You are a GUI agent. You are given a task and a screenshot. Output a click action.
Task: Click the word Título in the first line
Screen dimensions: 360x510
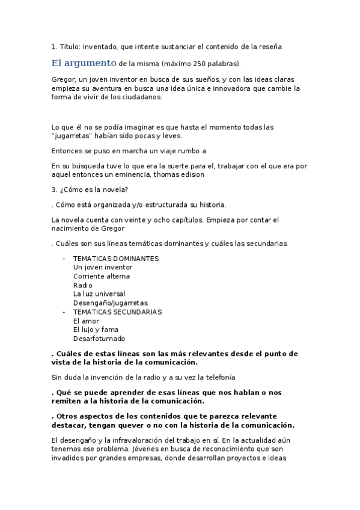(x=69, y=46)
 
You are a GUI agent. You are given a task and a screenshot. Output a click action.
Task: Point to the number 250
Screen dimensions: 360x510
(x=196, y=63)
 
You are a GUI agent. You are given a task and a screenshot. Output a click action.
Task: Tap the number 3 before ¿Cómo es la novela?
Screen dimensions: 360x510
(x=54, y=190)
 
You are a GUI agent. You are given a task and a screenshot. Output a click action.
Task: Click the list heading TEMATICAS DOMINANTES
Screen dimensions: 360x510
(x=116, y=259)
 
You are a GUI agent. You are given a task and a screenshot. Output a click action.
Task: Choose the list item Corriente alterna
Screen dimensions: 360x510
(x=102, y=276)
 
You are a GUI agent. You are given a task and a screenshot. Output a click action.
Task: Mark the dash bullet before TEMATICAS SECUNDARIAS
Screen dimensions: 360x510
(x=64, y=312)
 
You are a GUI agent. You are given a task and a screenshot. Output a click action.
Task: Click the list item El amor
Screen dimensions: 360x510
(x=86, y=321)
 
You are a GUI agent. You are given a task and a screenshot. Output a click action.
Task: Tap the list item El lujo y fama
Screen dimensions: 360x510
(x=96, y=330)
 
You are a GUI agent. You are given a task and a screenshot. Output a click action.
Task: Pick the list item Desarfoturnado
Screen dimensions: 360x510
(x=99, y=339)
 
